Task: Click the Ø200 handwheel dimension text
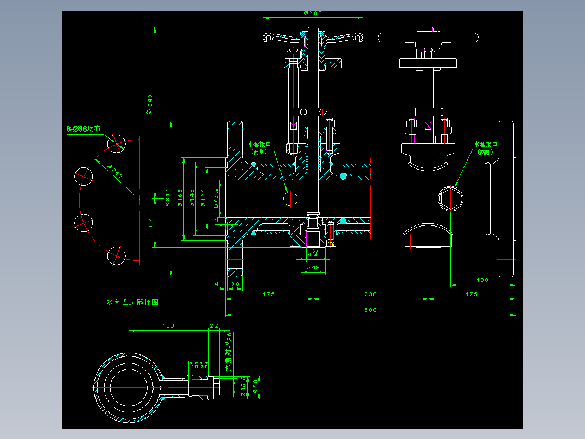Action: tap(313, 12)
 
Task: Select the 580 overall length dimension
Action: tap(371, 310)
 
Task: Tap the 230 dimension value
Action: tap(370, 294)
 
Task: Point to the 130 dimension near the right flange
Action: tap(482, 280)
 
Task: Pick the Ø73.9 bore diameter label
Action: tap(216, 198)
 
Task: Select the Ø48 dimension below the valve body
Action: tap(313, 268)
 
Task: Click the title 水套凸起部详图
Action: tap(133, 303)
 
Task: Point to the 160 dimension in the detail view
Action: tap(168, 326)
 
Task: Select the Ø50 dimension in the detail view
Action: tap(256, 387)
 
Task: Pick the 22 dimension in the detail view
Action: tap(213, 326)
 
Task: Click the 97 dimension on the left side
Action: tap(151, 222)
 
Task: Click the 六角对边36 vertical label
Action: tap(229, 351)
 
